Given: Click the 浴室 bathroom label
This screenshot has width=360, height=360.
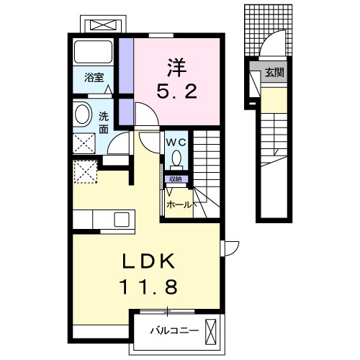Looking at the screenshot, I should point(94,76).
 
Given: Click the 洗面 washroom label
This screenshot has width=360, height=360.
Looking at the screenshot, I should point(104,122).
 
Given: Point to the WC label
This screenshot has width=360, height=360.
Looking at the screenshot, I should point(177,142).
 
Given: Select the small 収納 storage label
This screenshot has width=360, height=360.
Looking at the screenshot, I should point(175,179).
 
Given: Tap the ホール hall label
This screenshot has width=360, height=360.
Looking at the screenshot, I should point(179,204).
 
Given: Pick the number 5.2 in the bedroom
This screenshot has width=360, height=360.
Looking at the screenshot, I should point(177,91).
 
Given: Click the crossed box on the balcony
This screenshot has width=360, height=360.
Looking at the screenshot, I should point(211,331).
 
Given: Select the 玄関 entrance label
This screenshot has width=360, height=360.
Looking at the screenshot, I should point(274,72).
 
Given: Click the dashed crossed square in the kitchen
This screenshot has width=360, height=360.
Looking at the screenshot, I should point(85,171).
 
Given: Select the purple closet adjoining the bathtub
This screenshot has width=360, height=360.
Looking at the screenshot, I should point(126,66).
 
